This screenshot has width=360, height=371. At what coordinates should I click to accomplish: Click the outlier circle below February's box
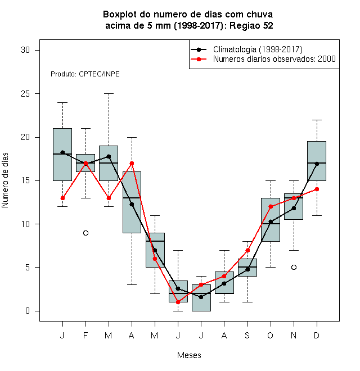click(85, 233)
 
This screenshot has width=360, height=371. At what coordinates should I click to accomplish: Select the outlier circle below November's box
click(294, 268)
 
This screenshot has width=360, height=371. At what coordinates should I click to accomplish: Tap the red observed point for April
click(132, 163)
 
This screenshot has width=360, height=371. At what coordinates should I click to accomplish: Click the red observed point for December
click(317, 189)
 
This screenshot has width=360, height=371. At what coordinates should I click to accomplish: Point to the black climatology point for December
click(317, 164)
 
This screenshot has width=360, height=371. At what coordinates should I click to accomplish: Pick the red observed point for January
click(62, 198)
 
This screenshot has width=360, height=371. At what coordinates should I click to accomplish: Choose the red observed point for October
click(271, 206)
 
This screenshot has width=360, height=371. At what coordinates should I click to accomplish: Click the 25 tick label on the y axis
click(25, 94)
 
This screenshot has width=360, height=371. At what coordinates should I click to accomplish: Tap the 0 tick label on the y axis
click(28, 311)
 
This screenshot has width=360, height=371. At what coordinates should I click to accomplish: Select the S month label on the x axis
click(247, 335)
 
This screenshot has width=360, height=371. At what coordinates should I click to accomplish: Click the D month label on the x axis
click(317, 335)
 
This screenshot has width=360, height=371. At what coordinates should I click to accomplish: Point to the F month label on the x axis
click(85, 335)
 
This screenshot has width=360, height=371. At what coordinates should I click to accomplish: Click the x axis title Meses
click(189, 355)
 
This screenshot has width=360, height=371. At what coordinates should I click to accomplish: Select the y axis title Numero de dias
click(5, 180)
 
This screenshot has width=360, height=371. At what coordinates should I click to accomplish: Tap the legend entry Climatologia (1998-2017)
click(258, 49)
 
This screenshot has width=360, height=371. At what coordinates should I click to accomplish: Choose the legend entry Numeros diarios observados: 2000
click(274, 59)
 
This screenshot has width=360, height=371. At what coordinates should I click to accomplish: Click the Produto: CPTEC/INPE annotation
click(85, 74)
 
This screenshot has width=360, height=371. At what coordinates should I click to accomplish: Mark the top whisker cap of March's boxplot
click(109, 94)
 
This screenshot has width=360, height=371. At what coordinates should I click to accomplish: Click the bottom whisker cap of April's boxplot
click(132, 284)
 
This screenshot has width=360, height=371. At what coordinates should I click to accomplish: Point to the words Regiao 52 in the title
click(251, 25)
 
